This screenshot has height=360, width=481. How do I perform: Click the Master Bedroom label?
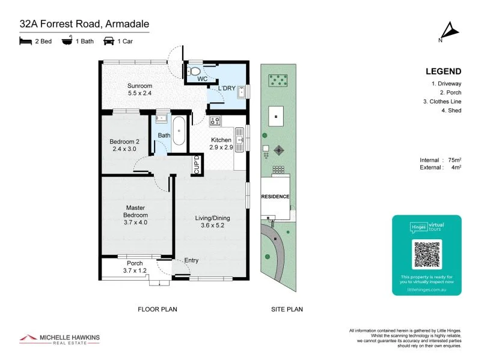[x=135, y=215]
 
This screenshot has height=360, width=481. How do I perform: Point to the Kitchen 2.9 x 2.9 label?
[x=221, y=142]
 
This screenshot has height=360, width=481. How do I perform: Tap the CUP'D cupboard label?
[x=197, y=164]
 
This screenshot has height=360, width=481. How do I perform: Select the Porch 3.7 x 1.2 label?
[x=135, y=267]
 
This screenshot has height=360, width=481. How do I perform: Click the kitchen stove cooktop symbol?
[x=215, y=122]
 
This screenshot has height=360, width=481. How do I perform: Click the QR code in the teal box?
[x=427, y=254]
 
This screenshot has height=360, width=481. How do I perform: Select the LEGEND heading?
[x=443, y=70]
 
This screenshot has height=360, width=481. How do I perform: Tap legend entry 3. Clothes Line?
[x=442, y=102]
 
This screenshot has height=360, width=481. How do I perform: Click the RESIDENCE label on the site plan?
[x=275, y=197]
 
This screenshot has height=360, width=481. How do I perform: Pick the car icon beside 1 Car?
[x=109, y=41]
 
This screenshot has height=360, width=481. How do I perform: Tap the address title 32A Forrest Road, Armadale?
[x=84, y=24]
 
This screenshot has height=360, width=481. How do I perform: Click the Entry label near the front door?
[x=191, y=260]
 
